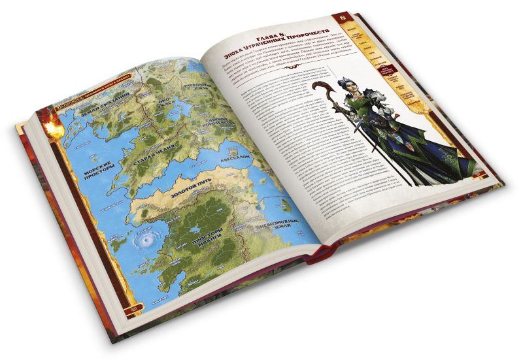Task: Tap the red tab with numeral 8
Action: coord(339,16)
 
